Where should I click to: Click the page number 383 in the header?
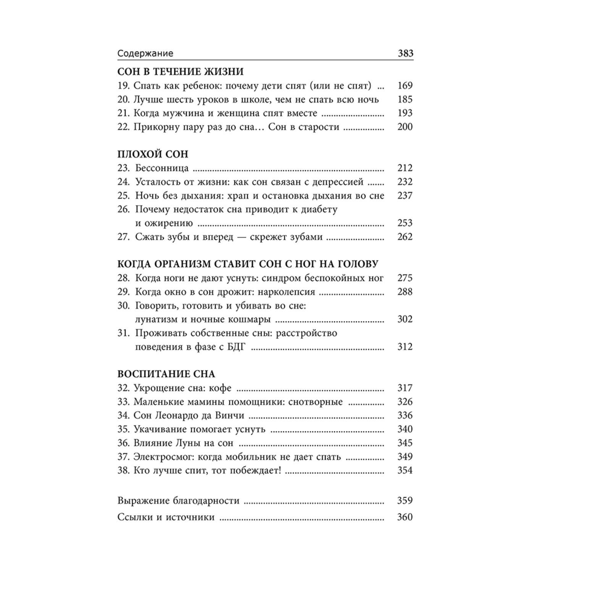click(405, 53)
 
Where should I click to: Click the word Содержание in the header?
click(145, 53)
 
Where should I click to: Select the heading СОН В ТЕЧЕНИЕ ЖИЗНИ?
click(180, 72)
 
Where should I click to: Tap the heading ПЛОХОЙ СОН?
click(153, 154)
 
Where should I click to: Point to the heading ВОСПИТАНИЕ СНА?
click(166, 374)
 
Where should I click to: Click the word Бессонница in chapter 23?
click(162, 168)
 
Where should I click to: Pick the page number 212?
click(405, 168)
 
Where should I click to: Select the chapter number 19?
click(123, 86)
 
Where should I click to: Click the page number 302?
click(405, 319)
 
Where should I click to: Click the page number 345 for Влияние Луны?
click(405, 443)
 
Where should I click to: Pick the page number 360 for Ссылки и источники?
click(405, 517)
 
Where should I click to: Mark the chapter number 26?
click(123, 209)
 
